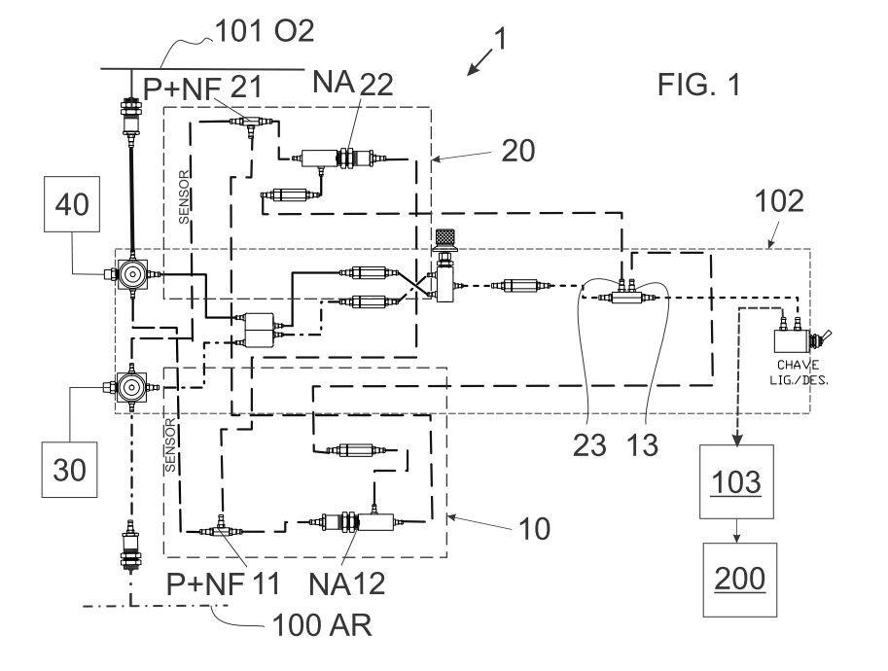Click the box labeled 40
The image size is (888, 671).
pyautogui.click(x=72, y=204)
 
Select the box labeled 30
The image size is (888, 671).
pyautogui.click(x=69, y=470)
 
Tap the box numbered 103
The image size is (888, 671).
pyautogui.click(x=736, y=482)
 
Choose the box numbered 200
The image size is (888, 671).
pyautogui.click(x=739, y=580)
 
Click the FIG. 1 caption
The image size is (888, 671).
pyautogui.click(x=699, y=85)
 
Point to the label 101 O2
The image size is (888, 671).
pyautogui.click(x=265, y=30)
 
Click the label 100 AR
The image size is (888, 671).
pyautogui.click(x=322, y=625)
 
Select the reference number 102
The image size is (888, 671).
pyautogui.click(x=779, y=201)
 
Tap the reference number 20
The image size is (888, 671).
pyautogui.click(x=518, y=151)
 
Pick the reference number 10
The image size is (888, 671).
pyautogui.click(x=534, y=529)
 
